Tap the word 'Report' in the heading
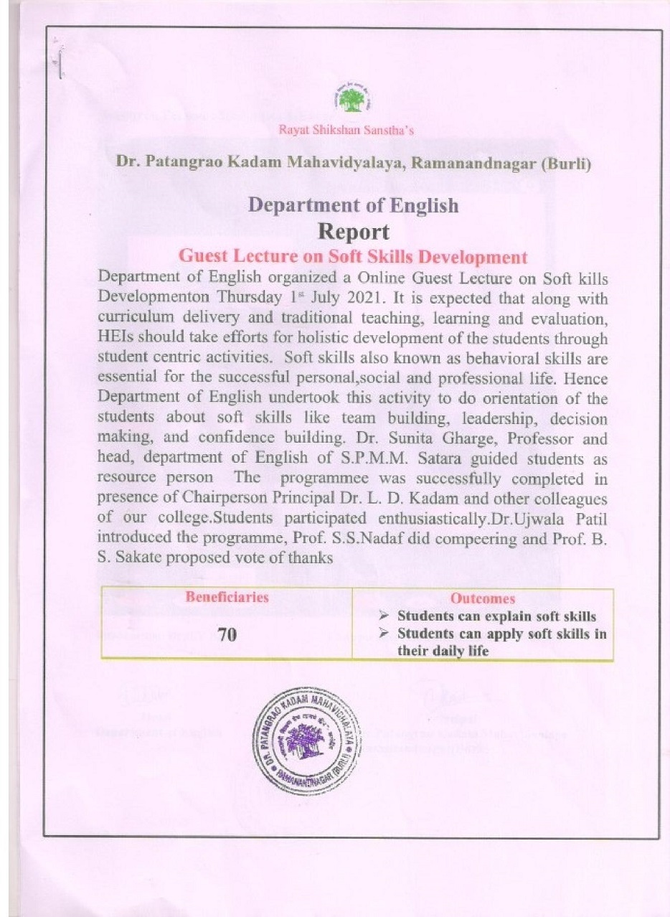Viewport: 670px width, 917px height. click(x=353, y=232)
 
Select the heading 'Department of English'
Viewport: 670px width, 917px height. click(x=353, y=205)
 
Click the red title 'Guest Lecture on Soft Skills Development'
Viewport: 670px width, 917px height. click(x=353, y=256)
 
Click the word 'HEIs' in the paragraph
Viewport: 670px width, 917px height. click(x=118, y=337)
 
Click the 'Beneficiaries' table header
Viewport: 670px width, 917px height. click(x=227, y=597)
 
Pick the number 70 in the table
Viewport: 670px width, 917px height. click(x=227, y=635)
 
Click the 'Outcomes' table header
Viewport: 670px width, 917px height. click(x=482, y=598)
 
